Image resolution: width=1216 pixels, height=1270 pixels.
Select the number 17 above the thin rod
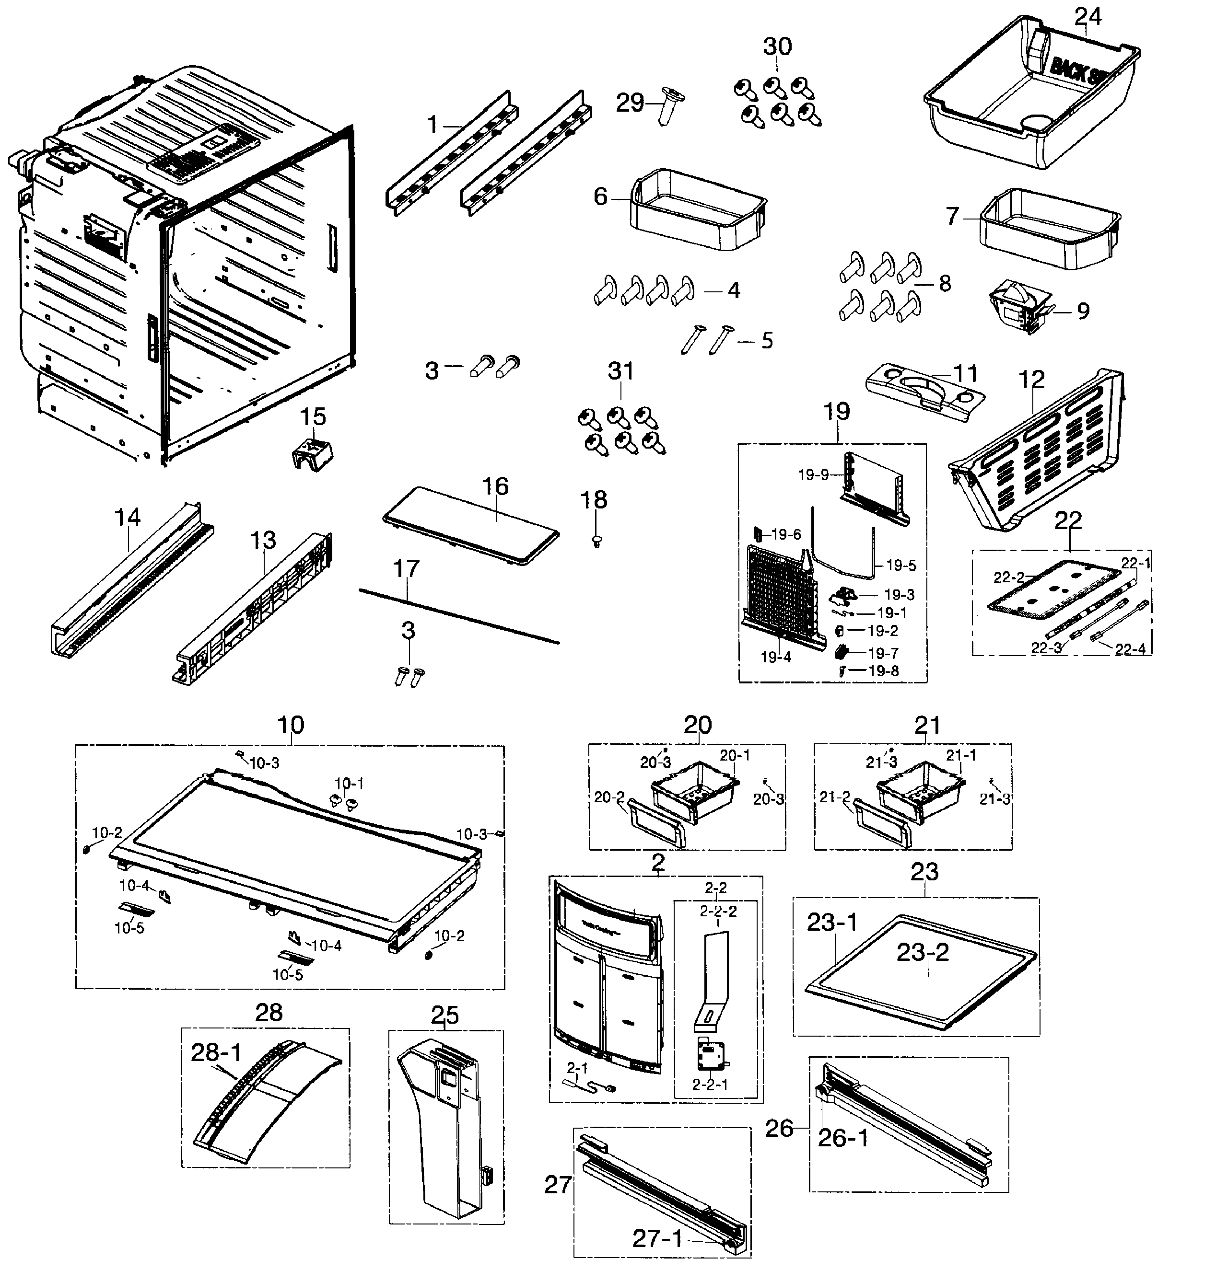[407, 568]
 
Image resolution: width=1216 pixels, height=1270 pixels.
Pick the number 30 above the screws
[777, 46]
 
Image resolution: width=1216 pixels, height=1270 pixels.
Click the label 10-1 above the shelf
[349, 784]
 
